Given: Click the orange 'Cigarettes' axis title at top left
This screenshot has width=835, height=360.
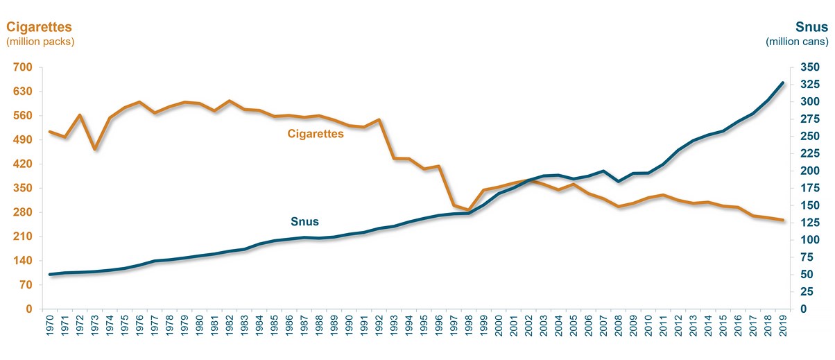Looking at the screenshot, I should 40,27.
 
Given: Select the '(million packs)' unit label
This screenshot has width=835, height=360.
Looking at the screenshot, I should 40,42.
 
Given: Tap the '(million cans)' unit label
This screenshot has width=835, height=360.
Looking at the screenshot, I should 797,42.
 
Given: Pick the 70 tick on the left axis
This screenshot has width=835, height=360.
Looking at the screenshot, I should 25,285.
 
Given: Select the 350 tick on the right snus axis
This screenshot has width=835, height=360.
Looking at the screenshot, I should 809,67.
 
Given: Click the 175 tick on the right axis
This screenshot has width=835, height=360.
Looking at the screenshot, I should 809,188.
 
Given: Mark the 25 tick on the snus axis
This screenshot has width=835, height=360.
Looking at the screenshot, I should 807,292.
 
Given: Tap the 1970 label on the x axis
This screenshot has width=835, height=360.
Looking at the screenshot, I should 50,329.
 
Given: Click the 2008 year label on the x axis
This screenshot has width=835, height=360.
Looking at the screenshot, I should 619,329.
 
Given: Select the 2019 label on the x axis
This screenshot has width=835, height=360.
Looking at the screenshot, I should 783,329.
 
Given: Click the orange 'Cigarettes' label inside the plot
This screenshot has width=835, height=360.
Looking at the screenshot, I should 316,134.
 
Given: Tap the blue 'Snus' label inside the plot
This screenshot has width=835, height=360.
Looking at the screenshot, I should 304,223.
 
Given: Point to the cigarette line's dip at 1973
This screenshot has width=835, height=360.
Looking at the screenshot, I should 95,149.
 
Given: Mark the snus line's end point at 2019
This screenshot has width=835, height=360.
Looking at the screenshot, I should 783,83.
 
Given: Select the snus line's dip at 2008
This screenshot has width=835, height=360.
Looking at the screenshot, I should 619,182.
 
